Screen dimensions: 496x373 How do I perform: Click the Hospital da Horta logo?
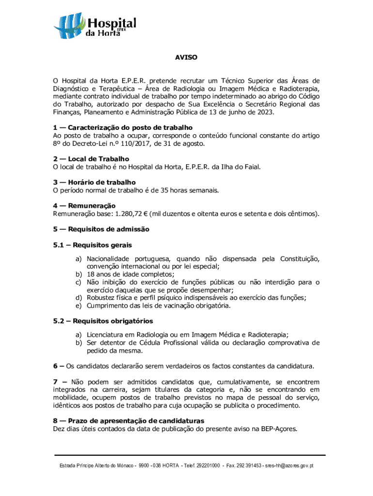pyautogui.click(x=95, y=27)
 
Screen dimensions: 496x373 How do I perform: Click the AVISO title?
pyautogui.click(x=186, y=58)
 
